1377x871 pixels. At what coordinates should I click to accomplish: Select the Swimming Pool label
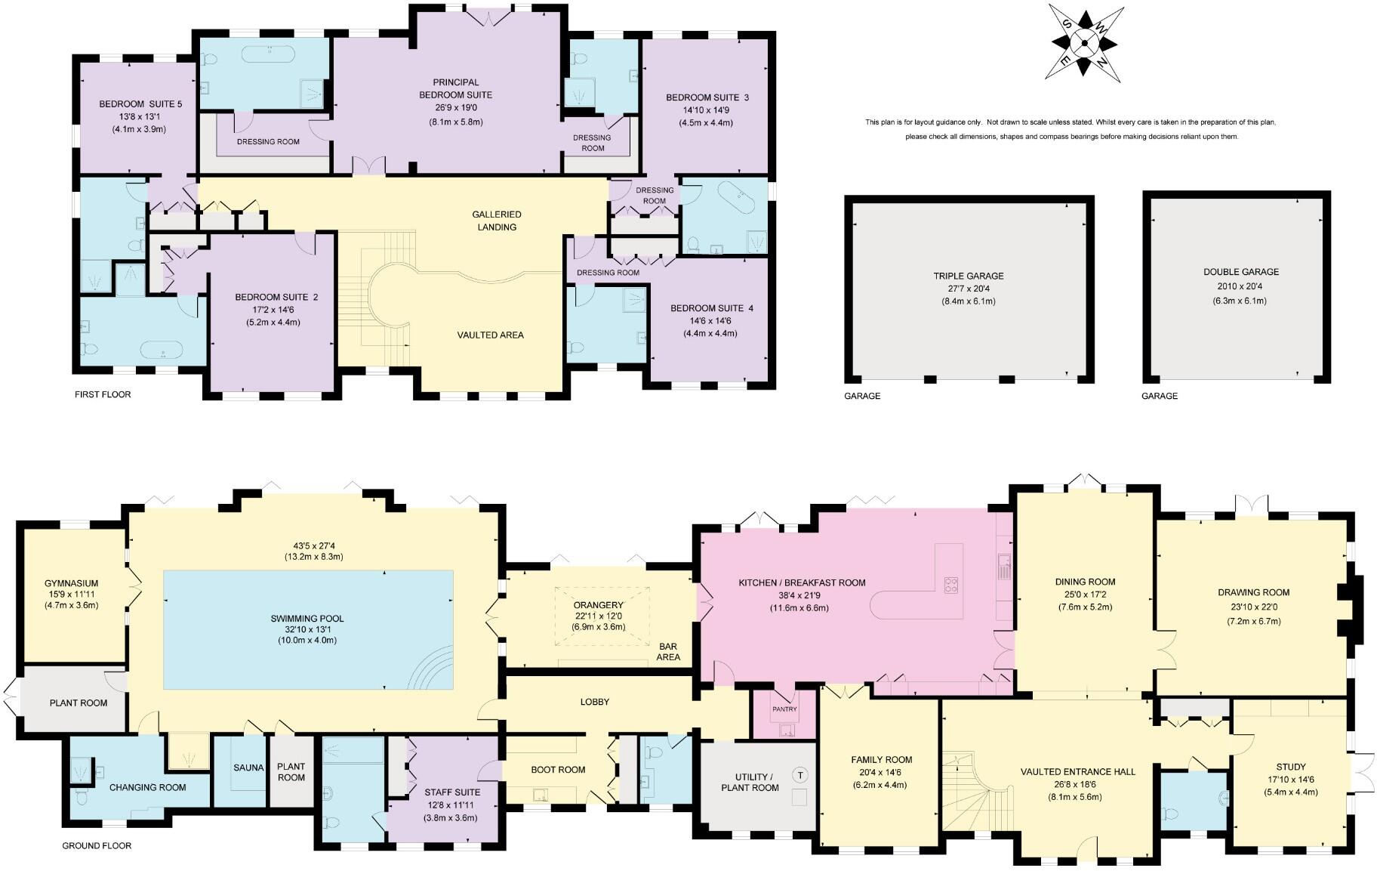[307, 619]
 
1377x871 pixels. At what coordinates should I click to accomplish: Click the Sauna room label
[248, 768]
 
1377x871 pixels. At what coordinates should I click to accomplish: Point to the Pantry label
[784, 709]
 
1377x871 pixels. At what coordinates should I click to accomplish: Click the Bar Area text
[668, 652]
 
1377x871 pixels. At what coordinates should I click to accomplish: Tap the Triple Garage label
[969, 276]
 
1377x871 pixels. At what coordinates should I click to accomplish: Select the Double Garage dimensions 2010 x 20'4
[1242, 286]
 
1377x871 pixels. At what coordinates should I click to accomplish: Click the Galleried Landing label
[497, 221]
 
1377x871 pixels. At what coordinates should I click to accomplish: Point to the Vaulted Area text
[490, 335]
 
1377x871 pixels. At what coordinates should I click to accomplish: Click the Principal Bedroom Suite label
[455, 88]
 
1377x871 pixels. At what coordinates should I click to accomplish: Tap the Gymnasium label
[71, 583]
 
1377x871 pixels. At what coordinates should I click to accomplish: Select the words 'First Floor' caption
[103, 394]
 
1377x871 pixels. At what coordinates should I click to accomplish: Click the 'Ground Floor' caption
[97, 845]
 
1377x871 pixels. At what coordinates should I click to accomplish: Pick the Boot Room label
[558, 770]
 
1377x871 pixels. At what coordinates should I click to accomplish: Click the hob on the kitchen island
[951, 585]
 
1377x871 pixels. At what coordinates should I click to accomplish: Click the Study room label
[1291, 767]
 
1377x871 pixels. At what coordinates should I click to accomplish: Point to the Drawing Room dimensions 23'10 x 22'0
[1253, 607]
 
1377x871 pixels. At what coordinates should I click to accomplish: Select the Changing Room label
[148, 787]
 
